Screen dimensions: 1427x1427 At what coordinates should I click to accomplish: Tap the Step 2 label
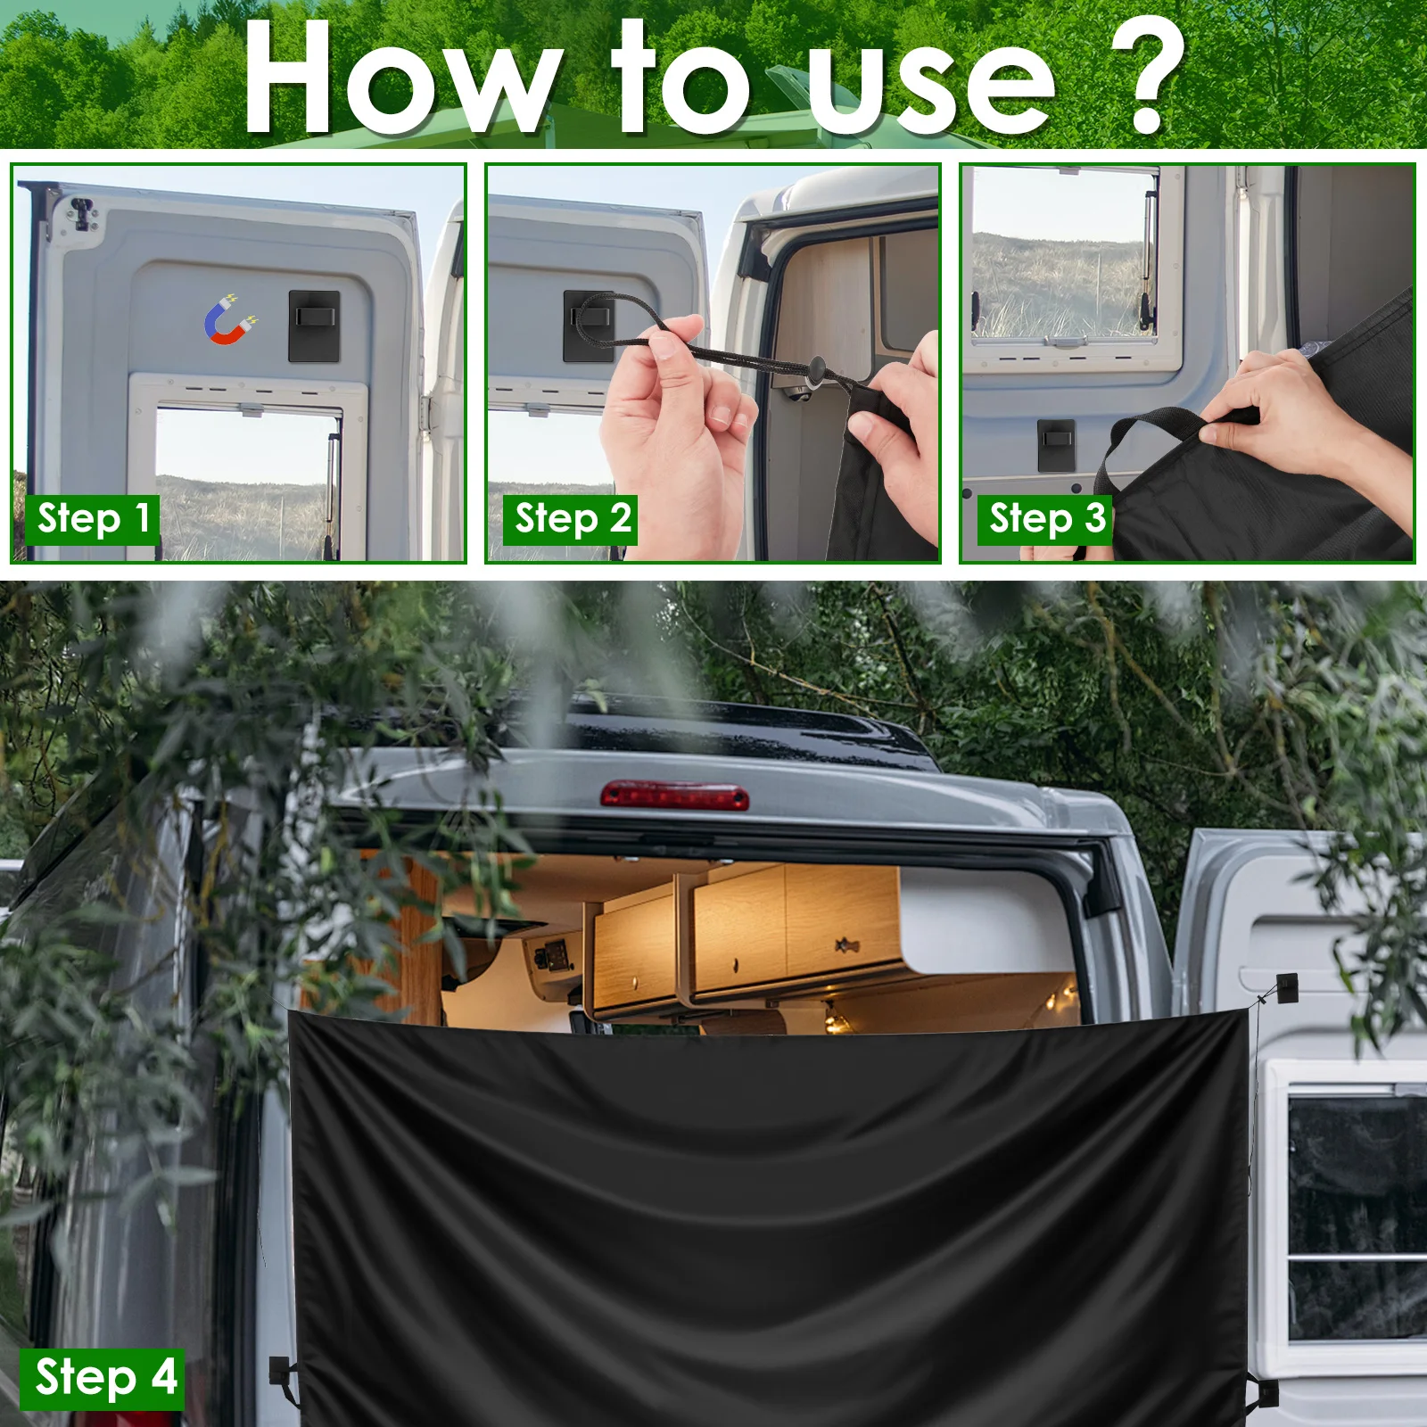tap(571, 519)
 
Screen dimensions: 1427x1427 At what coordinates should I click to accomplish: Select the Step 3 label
tap(1045, 519)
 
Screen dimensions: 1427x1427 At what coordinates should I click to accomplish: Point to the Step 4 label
tap(103, 1378)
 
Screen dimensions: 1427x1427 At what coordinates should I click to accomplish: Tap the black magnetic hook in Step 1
tap(314, 326)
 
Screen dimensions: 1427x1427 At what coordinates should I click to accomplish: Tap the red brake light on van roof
tap(674, 795)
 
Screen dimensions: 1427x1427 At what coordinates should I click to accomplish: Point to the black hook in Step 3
tap(1056, 444)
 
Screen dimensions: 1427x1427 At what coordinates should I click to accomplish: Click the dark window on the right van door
tap(1356, 1213)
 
